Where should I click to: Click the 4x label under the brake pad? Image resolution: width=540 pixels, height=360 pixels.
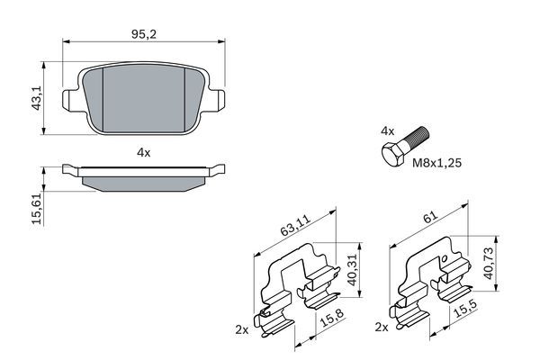(143, 152)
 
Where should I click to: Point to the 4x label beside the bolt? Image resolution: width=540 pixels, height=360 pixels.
(388, 131)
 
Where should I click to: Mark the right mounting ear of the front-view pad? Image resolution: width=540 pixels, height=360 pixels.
(217, 100)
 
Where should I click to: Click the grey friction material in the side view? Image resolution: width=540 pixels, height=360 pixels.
(143, 182)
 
